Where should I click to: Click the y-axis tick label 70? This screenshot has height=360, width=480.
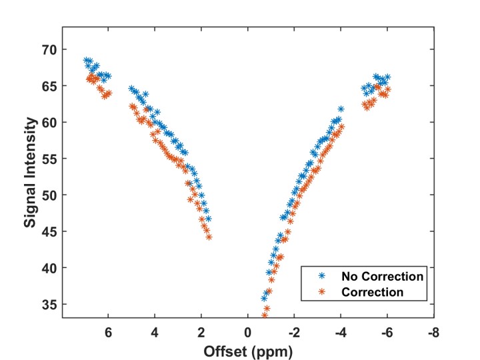tap(50, 50)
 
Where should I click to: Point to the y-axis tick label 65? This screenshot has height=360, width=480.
tap(50, 86)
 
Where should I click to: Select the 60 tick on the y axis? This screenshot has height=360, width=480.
tap(50, 123)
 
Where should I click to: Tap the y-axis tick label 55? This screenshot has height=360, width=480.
tap(50, 159)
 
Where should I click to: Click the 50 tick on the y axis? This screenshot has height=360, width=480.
tap(50, 195)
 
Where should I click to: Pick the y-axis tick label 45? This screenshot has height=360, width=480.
tap(50, 231)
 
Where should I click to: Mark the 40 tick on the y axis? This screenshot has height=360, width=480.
tap(50, 268)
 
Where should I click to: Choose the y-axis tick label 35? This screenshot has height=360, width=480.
tap(50, 304)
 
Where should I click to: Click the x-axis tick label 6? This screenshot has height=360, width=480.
tap(108, 332)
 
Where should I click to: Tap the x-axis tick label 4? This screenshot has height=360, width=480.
tap(155, 332)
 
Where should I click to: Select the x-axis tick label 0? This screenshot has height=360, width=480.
tap(247, 332)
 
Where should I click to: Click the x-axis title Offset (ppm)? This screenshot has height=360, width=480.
tap(247, 349)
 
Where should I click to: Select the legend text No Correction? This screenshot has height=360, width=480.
tap(383, 276)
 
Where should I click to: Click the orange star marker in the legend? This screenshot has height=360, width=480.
tap(322, 292)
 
